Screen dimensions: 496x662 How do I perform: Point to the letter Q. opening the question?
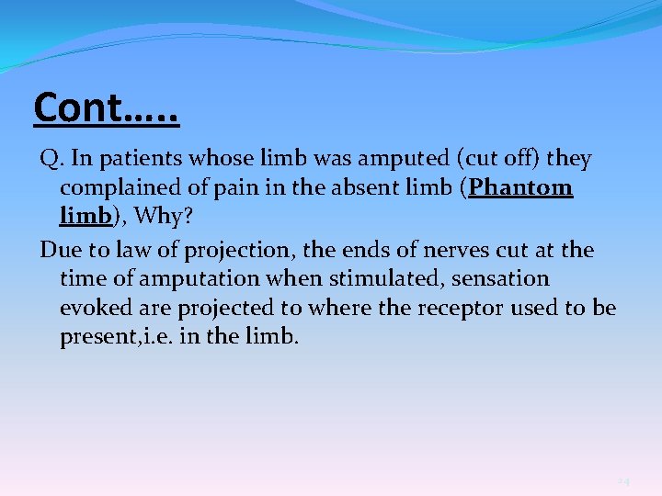pyautogui.click(x=50, y=160)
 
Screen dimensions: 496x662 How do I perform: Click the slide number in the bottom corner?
pyautogui.click(x=623, y=481)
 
